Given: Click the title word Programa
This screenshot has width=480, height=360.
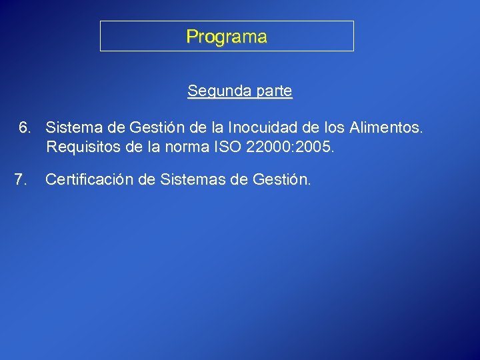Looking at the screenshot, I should tap(227, 37).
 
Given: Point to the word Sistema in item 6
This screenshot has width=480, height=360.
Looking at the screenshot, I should tap(71, 127).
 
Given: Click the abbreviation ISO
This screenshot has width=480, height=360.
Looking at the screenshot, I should tap(225, 147).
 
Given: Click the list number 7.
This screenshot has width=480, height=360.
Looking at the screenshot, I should tap(21, 179).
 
